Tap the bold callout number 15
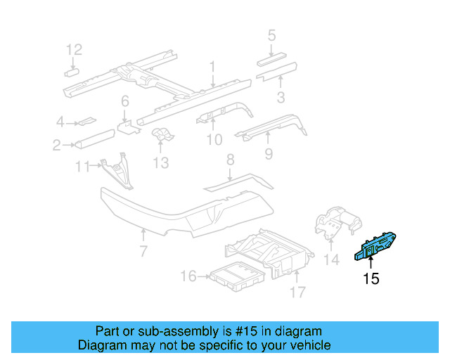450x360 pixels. (x=371, y=279)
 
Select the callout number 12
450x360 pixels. (x=74, y=49)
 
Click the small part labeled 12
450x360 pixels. (x=72, y=71)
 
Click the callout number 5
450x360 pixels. (x=271, y=34)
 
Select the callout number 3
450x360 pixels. (x=280, y=97)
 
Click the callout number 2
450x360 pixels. (x=56, y=146)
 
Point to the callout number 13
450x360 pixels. (x=161, y=163)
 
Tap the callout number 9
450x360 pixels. (x=268, y=153)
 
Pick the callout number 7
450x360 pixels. (x=143, y=251)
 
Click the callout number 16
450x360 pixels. (x=188, y=276)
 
